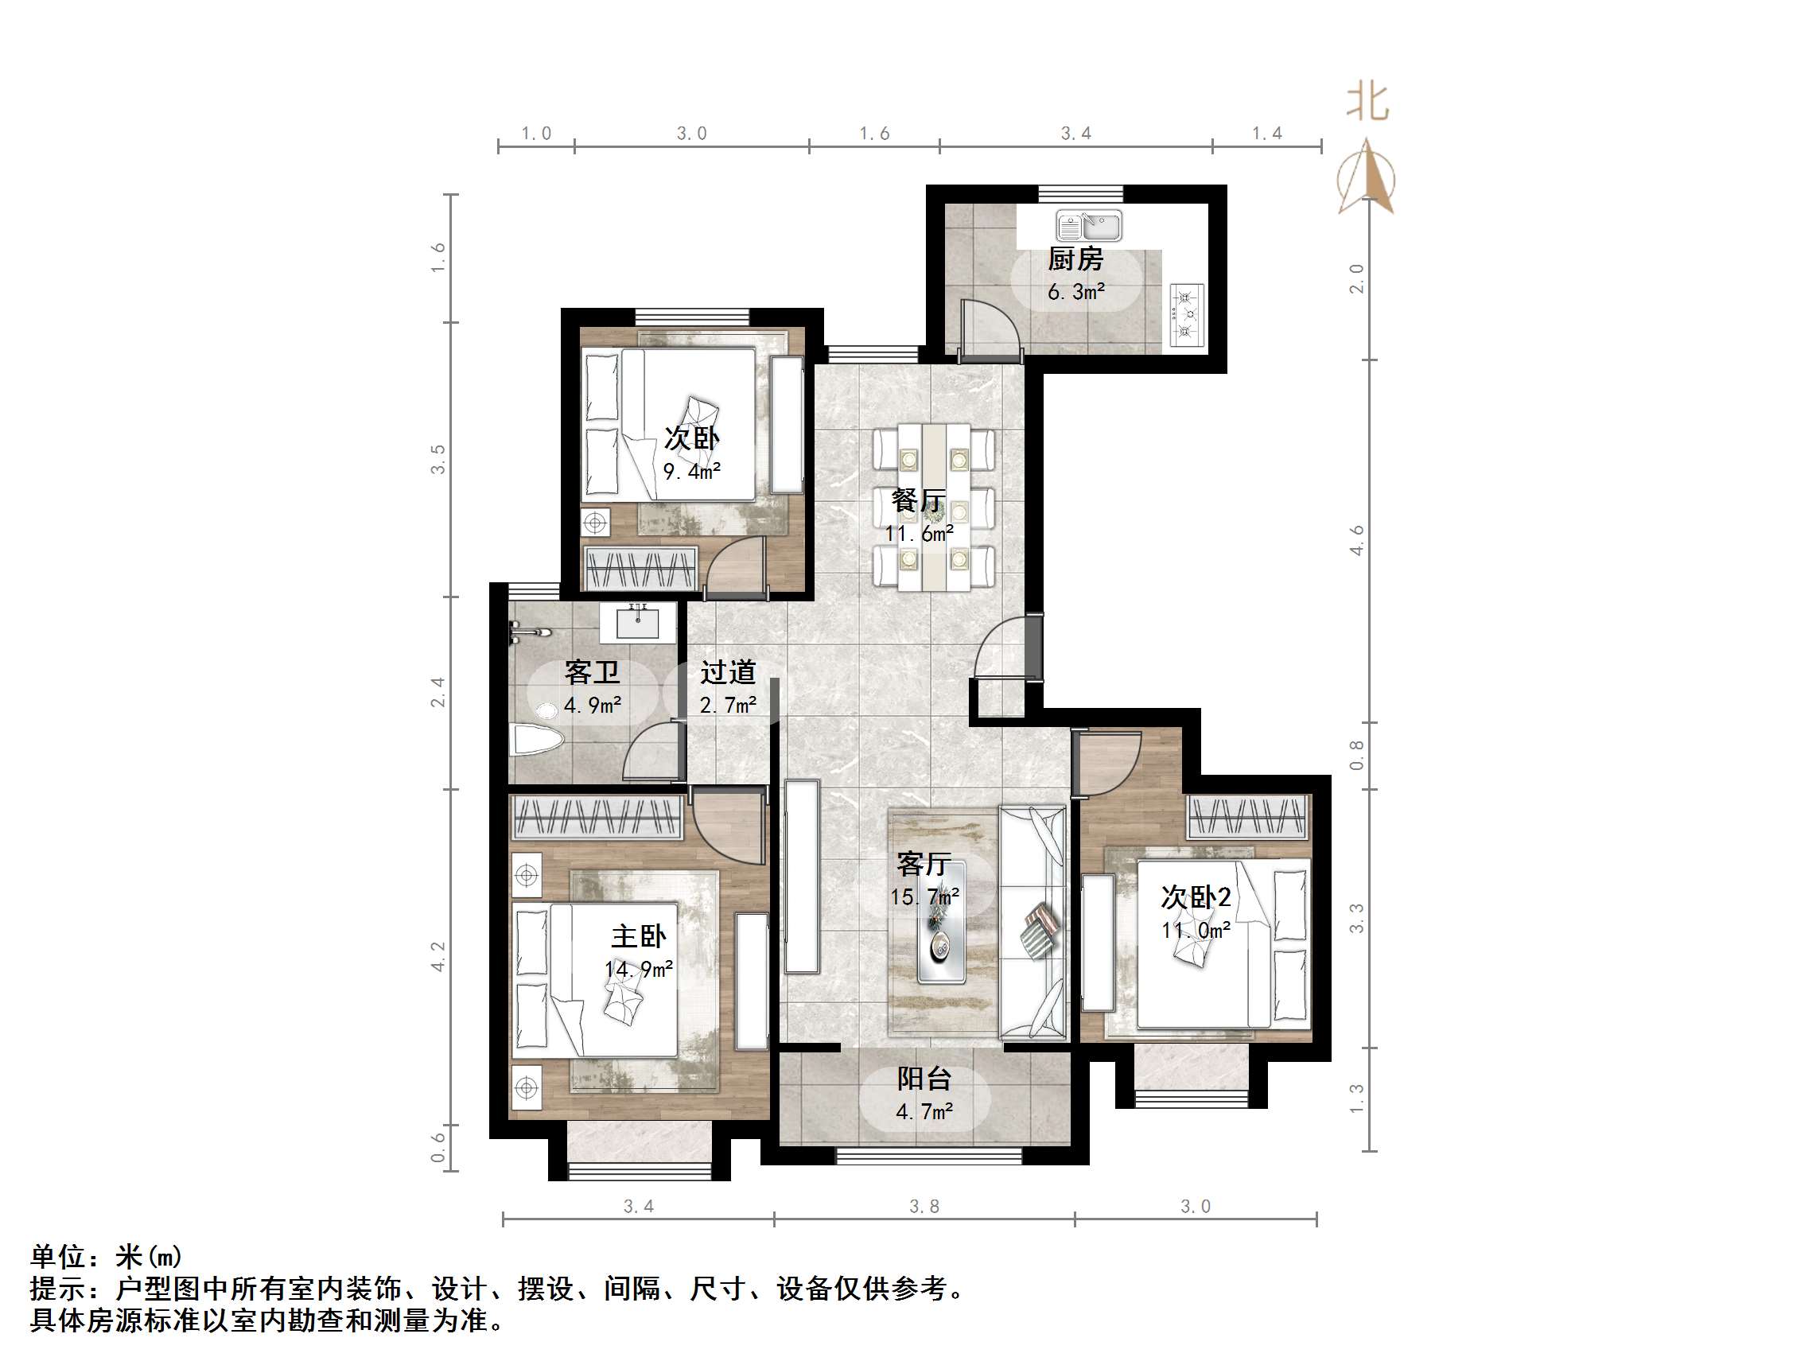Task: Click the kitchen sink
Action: pos(1088,225)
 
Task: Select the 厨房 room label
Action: pos(1075,259)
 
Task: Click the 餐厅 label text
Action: pos(918,500)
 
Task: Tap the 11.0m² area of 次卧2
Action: pos(1196,931)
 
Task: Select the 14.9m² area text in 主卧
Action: pos(639,969)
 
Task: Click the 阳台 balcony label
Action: pos(924,1079)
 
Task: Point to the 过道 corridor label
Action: pos(727,672)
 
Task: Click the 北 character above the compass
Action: pos(1367,103)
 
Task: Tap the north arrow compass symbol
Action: pos(1366,177)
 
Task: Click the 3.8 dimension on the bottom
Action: pos(924,1206)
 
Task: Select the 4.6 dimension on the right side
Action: pos(1357,541)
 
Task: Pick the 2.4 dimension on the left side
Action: pos(437,692)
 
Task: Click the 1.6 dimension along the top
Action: pos(875,134)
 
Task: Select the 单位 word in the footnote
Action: pos(57,1256)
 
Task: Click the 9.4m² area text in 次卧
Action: pos(692,472)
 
